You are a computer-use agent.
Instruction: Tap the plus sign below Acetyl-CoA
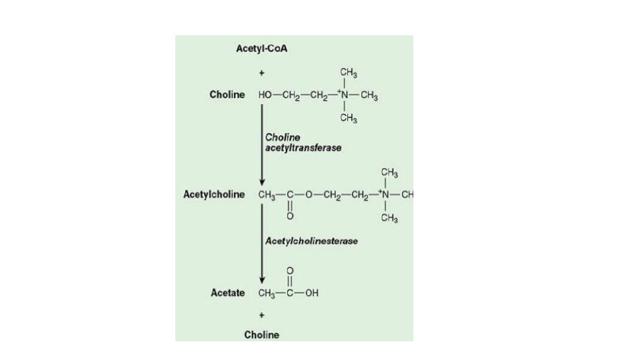(x=262, y=73)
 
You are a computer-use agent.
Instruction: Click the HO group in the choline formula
(x=265, y=95)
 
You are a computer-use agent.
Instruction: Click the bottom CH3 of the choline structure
(x=349, y=119)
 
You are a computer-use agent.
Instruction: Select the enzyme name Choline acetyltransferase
(x=303, y=142)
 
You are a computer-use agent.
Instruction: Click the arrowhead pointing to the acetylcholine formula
(x=262, y=182)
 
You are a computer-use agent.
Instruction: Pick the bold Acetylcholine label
(x=213, y=195)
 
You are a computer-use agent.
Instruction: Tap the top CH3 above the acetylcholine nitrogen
(x=390, y=172)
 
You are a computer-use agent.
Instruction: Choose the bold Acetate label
(x=228, y=293)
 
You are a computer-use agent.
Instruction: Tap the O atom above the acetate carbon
(x=289, y=270)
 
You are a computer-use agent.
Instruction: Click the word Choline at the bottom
(x=261, y=335)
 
